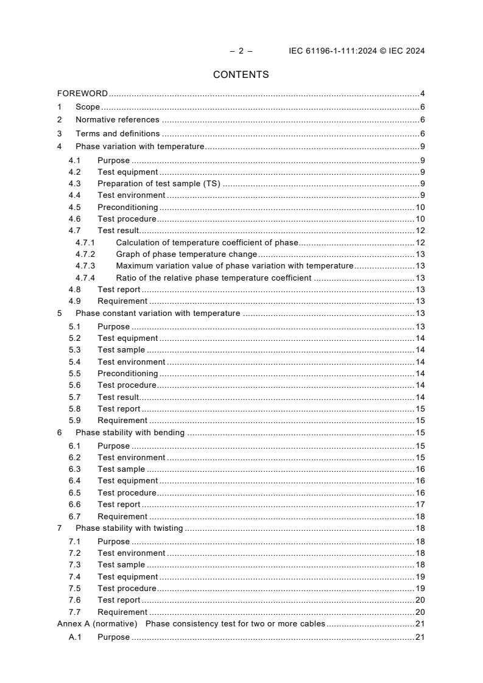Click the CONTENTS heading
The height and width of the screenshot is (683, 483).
(241, 75)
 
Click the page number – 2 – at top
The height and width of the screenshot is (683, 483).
(241, 51)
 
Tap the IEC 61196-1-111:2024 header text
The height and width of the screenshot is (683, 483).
(356, 51)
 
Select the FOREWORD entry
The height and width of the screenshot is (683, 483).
(82, 94)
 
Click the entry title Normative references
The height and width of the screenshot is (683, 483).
(117, 120)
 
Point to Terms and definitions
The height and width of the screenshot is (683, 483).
(118, 134)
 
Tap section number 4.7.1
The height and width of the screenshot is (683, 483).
(85, 243)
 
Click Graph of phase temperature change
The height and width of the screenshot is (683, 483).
(186, 254)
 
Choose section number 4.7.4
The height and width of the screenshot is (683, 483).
(85, 278)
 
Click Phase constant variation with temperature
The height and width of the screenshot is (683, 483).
(158, 313)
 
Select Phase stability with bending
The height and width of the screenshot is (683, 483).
(130, 433)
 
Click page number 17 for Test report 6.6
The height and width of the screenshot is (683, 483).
(420, 505)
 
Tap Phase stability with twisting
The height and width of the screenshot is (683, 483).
(129, 528)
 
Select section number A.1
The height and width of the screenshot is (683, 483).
(75, 637)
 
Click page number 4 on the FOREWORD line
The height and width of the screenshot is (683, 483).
(422, 94)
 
